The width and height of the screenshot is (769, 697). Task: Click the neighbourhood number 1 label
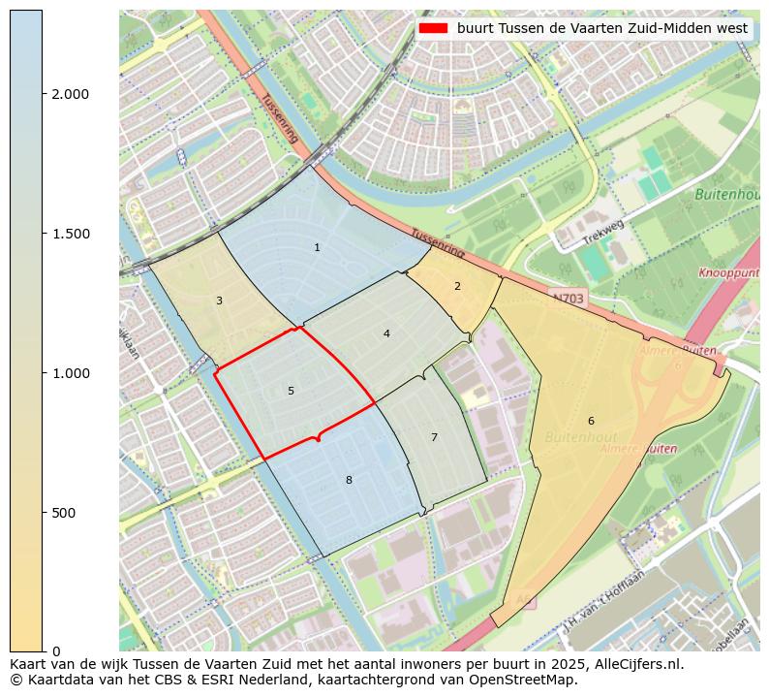[x=317, y=248]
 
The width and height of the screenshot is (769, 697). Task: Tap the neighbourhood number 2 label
[x=457, y=286]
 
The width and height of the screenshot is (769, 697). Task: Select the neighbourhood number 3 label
[x=219, y=301]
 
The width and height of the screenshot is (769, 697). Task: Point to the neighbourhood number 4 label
[x=386, y=333]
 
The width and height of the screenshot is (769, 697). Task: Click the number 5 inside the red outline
[x=291, y=391]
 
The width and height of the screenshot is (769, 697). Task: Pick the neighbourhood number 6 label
[x=591, y=421]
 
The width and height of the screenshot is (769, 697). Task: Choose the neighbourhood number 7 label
[x=434, y=437]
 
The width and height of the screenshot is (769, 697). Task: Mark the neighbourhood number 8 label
[x=349, y=480]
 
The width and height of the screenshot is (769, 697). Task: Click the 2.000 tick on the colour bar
[x=70, y=94]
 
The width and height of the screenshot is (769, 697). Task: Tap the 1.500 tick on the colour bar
[x=70, y=234]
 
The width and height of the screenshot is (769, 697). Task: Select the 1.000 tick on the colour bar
[x=70, y=373]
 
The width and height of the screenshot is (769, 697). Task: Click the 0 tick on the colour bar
[x=56, y=651]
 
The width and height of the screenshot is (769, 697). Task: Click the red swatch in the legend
[x=433, y=29]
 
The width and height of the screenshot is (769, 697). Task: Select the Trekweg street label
[x=603, y=233]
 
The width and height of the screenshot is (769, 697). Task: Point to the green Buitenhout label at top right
[x=726, y=195]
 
